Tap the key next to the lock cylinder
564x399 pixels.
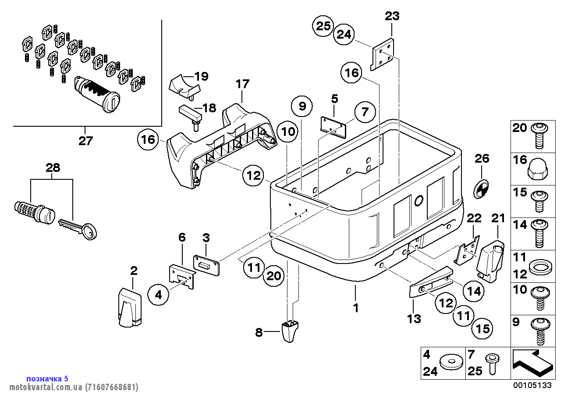point(79,228)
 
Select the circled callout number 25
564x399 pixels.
point(323,26)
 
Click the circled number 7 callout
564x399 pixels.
point(365,112)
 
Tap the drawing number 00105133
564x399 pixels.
point(532,385)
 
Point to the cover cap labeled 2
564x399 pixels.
point(131,308)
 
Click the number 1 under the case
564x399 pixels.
point(356,308)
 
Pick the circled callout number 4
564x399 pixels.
point(159,295)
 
